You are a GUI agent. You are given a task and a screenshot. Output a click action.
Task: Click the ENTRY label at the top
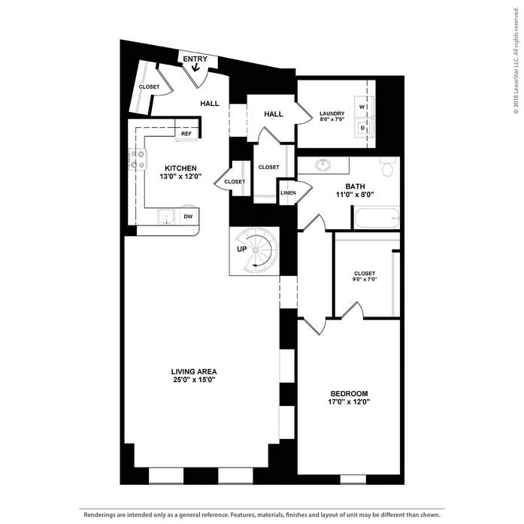tap(195, 59)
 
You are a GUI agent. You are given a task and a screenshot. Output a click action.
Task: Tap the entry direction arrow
tap(195, 67)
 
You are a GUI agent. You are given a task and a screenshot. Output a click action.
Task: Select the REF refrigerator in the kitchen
tap(186, 134)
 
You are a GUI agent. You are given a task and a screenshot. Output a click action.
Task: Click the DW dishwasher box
tap(189, 217)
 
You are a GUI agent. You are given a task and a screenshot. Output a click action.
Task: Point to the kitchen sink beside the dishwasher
tap(166, 217)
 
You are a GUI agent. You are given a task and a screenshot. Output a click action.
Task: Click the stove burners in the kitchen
tap(138, 159)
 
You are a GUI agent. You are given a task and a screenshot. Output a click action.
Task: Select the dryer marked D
tap(363, 127)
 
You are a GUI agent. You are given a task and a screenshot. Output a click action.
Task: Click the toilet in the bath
tap(387, 166)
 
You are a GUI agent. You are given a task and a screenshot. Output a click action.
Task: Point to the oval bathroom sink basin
tap(323, 165)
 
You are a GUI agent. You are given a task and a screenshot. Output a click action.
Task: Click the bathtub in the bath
tap(377, 218)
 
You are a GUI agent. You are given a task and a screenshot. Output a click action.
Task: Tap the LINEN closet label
tap(288, 192)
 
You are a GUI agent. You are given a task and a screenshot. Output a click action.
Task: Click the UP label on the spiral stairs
tap(242, 250)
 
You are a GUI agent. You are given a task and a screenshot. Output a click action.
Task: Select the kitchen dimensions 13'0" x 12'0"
tap(180, 177)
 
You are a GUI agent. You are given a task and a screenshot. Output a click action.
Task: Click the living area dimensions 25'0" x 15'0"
tap(194, 380)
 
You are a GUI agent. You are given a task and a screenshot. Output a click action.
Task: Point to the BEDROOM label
tap(350, 394)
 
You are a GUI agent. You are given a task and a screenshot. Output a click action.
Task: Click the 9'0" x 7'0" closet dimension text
tap(365, 280)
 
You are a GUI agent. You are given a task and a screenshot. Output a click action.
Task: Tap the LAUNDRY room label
tap(332, 114)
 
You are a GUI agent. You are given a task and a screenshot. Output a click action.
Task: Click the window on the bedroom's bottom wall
tap(353, 479)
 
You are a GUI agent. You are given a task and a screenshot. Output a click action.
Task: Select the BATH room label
tap(356, 186)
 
